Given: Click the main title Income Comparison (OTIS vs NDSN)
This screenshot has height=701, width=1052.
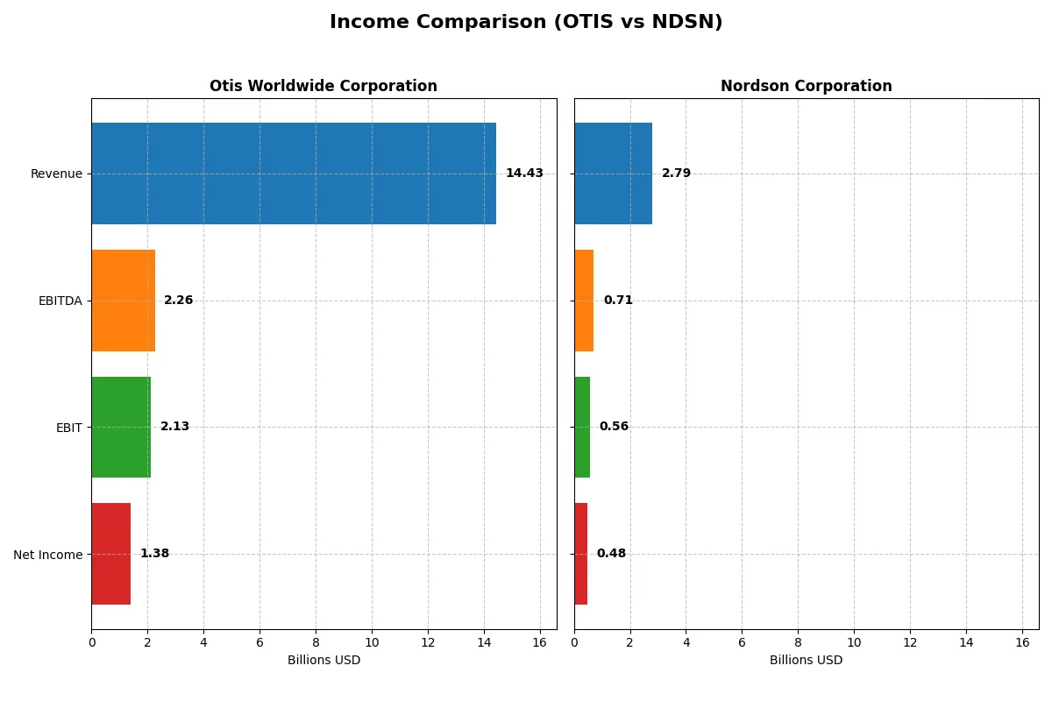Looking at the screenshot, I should (526, 23).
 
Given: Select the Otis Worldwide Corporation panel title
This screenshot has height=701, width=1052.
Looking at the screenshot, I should (323, 87).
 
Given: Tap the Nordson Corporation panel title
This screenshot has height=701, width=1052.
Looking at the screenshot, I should (806, 87).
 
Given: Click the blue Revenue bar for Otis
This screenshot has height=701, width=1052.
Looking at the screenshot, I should (294, 173).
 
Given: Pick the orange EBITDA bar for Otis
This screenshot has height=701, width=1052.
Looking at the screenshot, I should (123, 301).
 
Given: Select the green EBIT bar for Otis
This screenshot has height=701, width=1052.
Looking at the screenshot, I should (121, 427).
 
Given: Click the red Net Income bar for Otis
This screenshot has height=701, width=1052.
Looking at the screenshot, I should (110, 554).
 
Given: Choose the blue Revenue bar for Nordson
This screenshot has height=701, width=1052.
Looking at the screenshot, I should (613, 173).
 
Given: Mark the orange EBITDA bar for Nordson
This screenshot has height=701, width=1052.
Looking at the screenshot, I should (584, 301).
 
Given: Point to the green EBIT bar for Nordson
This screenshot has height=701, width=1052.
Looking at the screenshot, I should (582, 427).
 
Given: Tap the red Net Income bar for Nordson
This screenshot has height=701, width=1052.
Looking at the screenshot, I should (580, 554).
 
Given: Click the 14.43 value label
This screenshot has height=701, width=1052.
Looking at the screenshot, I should (524, 173).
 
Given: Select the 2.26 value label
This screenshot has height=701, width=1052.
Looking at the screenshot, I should (178, 301).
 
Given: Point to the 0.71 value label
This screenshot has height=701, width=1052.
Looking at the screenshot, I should (618, 301).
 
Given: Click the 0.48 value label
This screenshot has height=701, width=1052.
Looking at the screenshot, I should (611, 554).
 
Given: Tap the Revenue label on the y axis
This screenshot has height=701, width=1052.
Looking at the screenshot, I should (56, 174).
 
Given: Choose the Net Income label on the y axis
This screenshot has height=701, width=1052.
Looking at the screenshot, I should (48, 555).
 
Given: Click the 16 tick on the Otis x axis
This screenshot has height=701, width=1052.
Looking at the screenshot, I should (539, 643).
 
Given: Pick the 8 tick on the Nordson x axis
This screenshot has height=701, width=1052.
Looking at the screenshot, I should (798, 643).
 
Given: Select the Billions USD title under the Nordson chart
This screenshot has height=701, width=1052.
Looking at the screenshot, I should (806, 661).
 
